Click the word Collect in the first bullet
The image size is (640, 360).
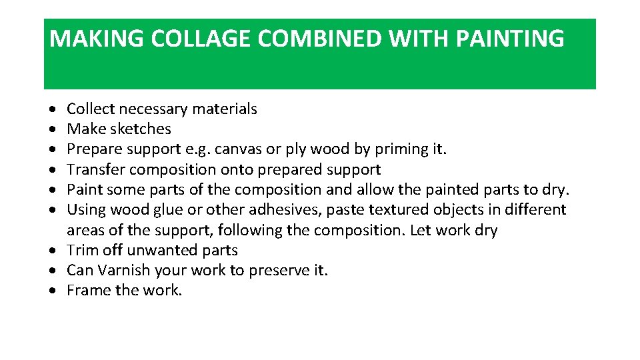coord(90,109)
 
